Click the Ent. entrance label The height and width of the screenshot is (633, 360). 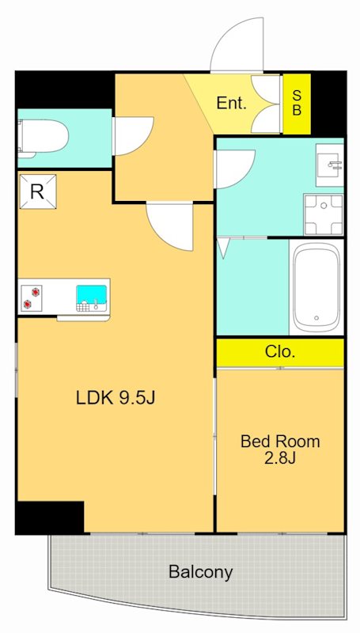coord(231,104)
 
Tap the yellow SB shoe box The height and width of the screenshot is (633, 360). coord(297,104)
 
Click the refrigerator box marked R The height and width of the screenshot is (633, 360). coord(37,191)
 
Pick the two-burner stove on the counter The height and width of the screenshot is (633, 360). coord(32,298)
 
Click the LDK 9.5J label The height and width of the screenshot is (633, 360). coord(116,398)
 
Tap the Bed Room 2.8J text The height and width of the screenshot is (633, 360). coord(280,449)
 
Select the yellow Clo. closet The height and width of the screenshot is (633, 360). coord(280,352)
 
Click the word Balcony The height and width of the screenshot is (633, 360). coord(201,571)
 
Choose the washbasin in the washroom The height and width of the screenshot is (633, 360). coord(330,165)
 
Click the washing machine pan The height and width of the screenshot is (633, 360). coord(324,214)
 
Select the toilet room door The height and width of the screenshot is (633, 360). coord(133,136)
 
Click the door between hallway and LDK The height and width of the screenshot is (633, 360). coord(170,226)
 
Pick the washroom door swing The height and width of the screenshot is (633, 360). coord(235,169)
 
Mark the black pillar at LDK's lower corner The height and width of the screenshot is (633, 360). coord(51,517)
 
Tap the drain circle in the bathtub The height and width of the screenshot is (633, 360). coord(316,318)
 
